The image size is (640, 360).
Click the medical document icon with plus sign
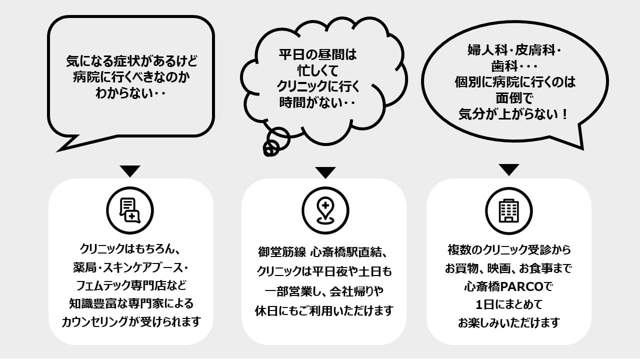tap(129, 210)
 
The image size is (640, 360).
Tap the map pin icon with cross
tap(325, 210)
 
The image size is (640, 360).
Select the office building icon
tap(508, 211)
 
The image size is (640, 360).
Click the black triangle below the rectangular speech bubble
tap(130, 171)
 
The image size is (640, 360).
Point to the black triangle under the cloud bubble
tap(325, 172)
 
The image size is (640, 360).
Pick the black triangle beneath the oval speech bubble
tap(509, 169)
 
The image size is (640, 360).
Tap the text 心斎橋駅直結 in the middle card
tap(345, 252)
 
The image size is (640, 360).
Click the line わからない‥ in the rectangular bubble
tap(130, 93)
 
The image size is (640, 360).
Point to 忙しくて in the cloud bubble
tap(317, 70)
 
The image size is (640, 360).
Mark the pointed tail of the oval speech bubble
tap(582, 148)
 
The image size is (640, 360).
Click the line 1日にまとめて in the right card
tap(509, 304)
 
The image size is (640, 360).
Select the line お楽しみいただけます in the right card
tap(509, 323)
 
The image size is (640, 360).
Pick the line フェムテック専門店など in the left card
tap(131, 285)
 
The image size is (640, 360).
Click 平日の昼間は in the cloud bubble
tap(317, 54)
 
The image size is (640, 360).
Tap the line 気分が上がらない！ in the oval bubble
tap(513, 114)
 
